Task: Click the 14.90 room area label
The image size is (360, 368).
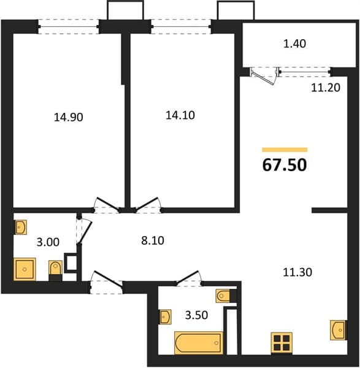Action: (x=69, y=117)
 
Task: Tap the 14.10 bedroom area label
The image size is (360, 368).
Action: (x=180, y=115)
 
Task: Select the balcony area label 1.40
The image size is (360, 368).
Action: (x=295, y=44)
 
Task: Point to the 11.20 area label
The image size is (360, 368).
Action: (x=326, y=88)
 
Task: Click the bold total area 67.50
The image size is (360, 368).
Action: (x=285, y=165)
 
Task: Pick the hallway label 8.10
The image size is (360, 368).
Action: (x=153, y=240)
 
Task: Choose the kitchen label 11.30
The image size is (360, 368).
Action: (x=297, y=272)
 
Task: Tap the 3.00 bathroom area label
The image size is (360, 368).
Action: (x=48, y=242)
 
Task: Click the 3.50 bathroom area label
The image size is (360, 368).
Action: (x=196, y=315)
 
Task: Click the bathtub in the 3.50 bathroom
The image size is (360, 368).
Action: (x=199, y=343)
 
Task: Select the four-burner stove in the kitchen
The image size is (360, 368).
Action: (x=281, y=343)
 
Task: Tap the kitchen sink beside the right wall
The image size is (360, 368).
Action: (x=338, y=330)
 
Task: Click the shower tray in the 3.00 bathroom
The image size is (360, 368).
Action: (x=25, y=269)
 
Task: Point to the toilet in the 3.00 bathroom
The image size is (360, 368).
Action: (x=55, y=270)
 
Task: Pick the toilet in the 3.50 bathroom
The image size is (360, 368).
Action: (x=226, y=296)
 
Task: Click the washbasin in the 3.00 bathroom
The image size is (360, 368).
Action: (x=21, y=227)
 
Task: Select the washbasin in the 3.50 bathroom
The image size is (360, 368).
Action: (x=166, y=317)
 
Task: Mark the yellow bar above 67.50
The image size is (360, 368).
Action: (x=285, y=150)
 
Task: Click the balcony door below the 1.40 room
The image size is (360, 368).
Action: (x=264, y=75)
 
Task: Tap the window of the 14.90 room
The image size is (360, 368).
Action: (x=69, y=26)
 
